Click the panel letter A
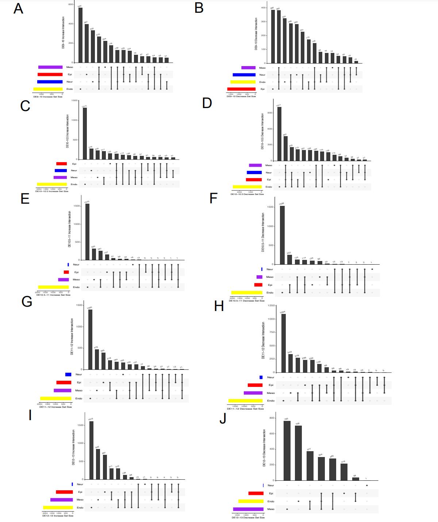tap(18, 8)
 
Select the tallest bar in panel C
tap(85, 133)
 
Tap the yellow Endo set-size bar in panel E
tap(53, 287)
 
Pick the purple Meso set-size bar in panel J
tap(248, 509)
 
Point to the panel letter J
tap(223, 419)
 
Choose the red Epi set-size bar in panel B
tap(241, 89)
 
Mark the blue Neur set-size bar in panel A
tap(50, 82)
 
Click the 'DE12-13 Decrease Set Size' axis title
tap(248, 517)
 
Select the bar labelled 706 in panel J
tap(298, 453)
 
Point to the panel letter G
tap(27, 302)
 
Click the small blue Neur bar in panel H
tap(261, 377)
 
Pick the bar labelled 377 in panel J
tap(310, 466)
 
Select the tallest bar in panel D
tap(279, 134)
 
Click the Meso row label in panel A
tap(69, 67)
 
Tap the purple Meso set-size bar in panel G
tap(62, 391)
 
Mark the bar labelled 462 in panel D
tap(285, 148)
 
